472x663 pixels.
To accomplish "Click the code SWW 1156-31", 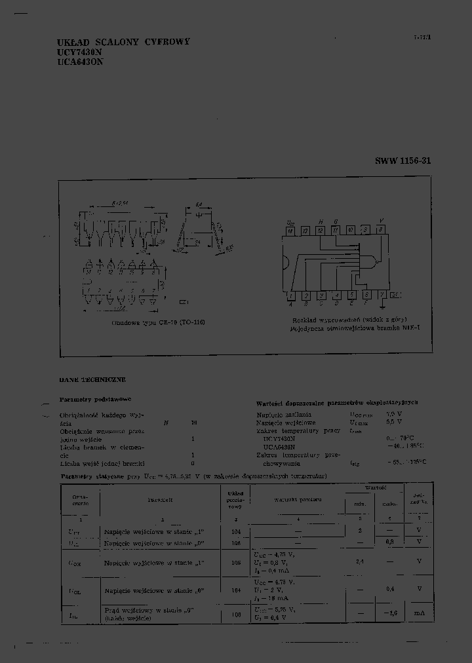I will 403,161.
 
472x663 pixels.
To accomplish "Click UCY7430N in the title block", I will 80,52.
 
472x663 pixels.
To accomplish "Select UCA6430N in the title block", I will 81,62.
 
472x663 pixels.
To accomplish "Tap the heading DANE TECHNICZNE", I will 92,379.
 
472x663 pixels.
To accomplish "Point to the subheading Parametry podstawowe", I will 96,398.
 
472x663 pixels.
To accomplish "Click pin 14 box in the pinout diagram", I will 290,231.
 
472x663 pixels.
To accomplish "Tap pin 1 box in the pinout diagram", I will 290,295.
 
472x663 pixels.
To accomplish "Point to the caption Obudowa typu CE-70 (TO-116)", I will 158,323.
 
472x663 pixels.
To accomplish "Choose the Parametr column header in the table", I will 159,499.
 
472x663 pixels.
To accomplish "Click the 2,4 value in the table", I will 360,561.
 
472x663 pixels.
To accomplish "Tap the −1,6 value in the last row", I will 391,613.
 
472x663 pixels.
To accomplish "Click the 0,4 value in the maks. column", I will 391,589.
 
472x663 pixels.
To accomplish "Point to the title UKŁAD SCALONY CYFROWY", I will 123,41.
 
